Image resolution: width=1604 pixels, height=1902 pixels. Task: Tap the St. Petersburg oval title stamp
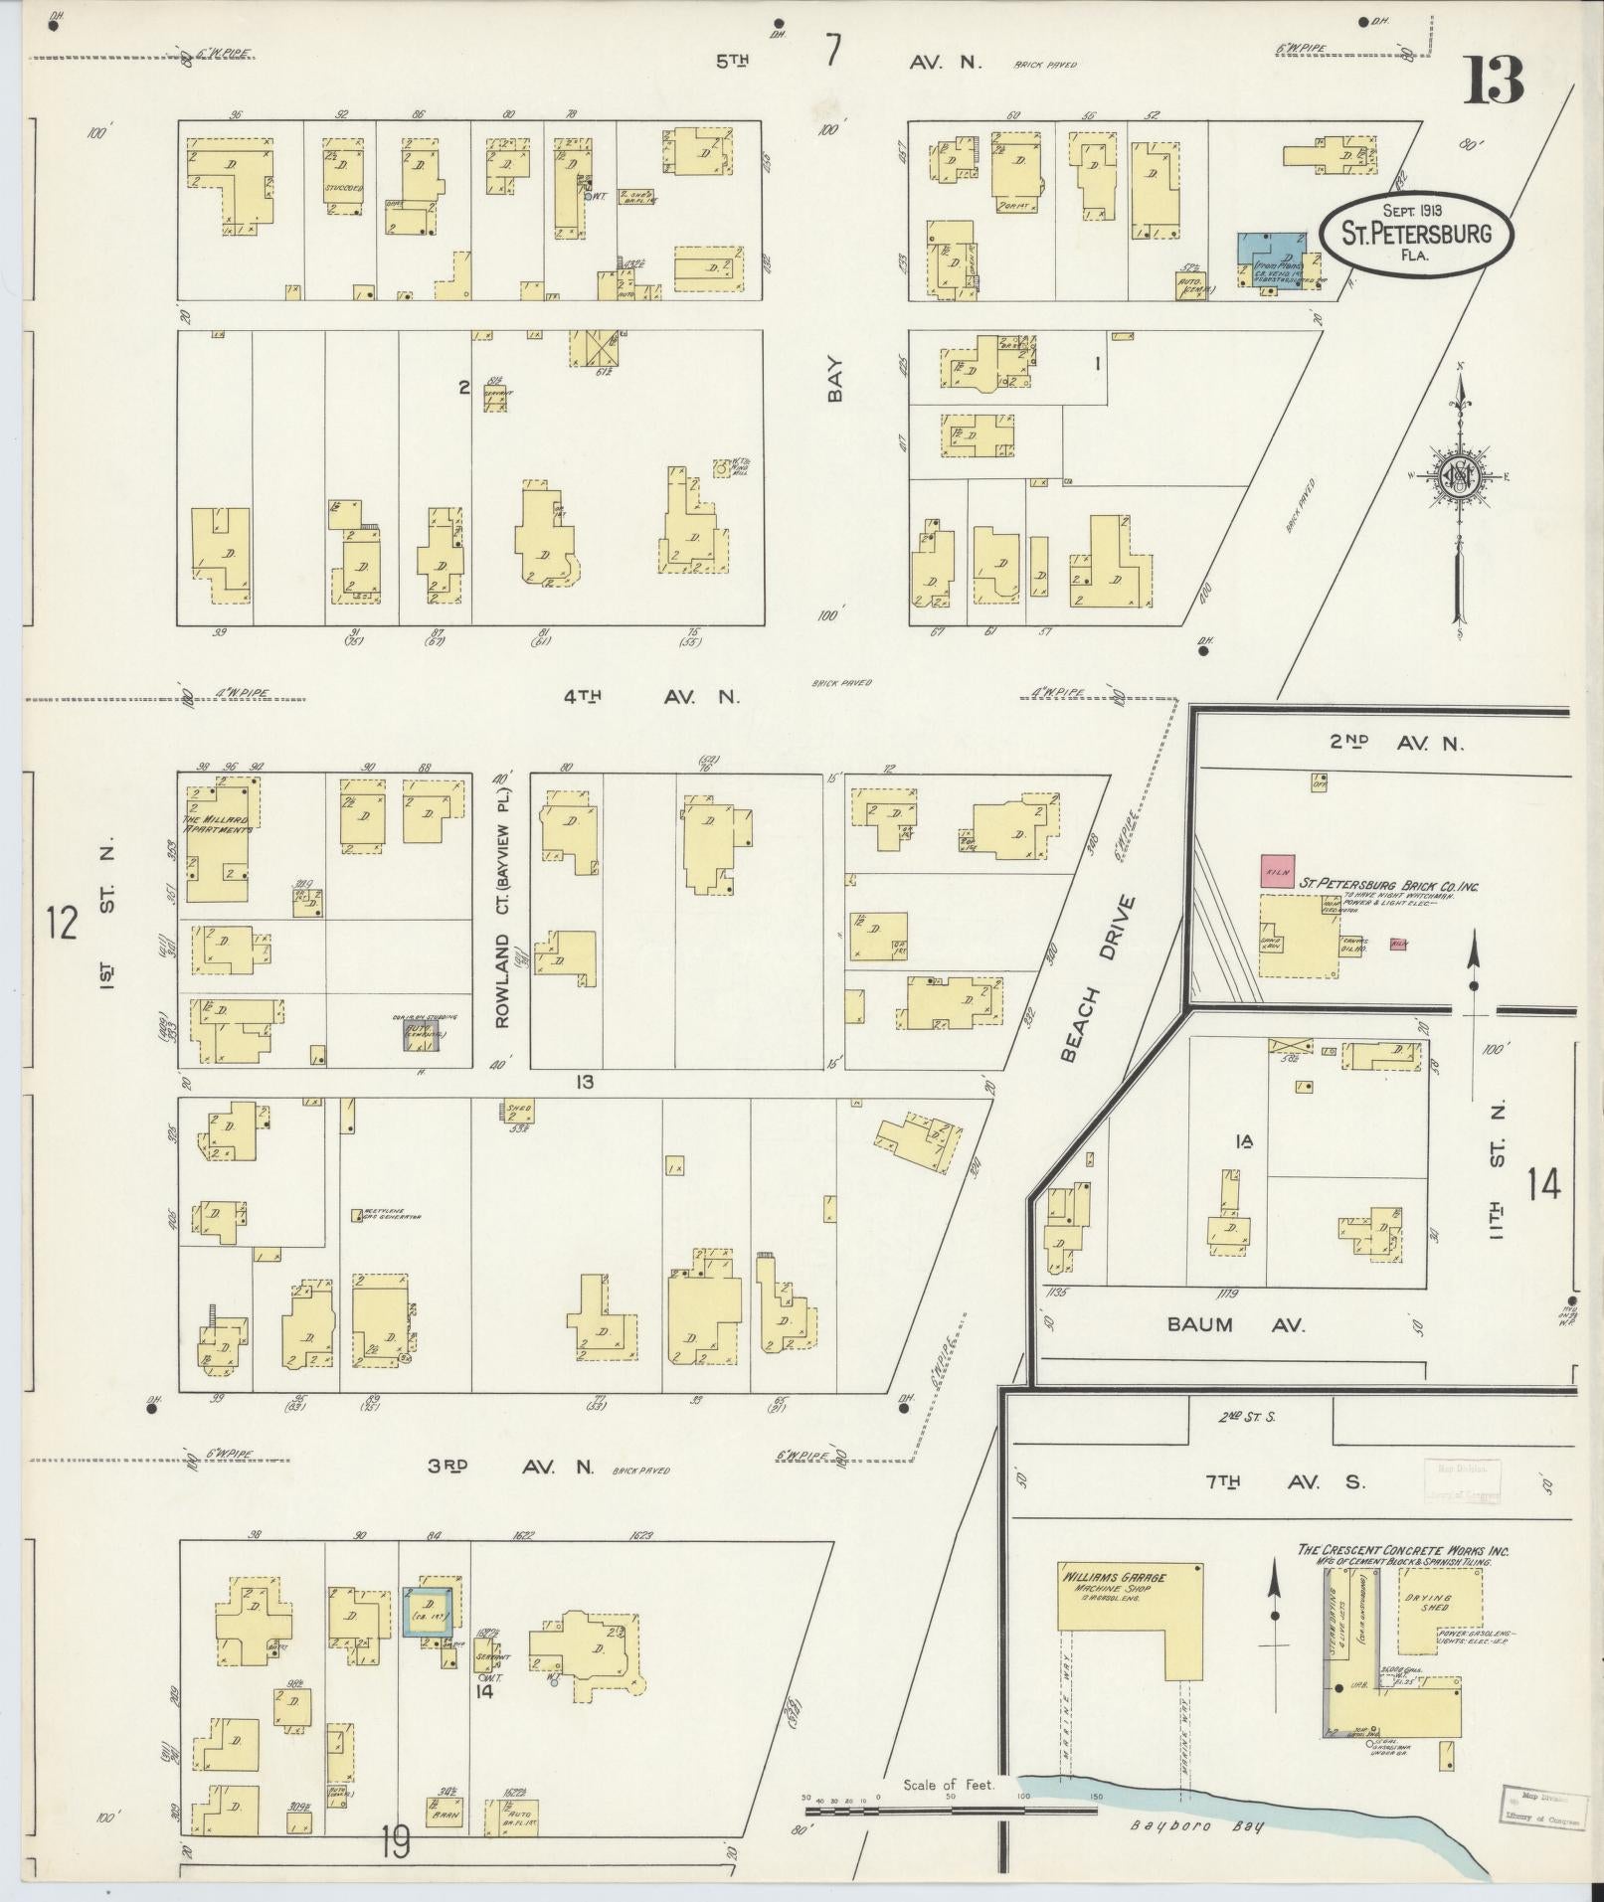coord(1416,235)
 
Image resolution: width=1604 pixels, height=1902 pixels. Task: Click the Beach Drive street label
coord(1097,978)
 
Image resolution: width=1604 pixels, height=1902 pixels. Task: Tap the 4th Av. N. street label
coord(651,697)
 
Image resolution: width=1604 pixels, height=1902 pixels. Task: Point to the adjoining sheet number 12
coord(62,924)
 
